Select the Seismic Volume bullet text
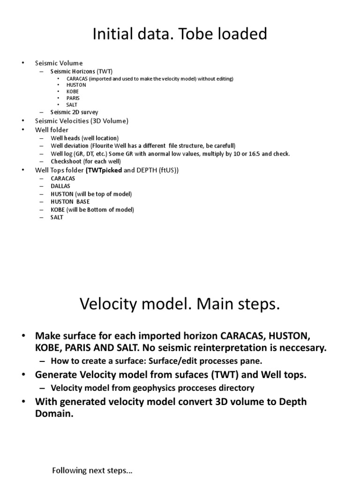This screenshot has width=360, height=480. [x=59, y=63]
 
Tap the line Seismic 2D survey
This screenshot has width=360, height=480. [x=75, y=112]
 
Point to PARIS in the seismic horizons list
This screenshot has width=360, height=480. [x=73, y=98]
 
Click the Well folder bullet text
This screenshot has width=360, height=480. [x=52, y=129]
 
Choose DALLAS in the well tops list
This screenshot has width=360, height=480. [x=60, y=186]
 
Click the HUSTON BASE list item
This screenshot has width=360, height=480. [x=70, y=202]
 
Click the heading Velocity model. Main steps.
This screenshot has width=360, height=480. [x=180, y=305]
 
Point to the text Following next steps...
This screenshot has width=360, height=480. [x=92, y=471]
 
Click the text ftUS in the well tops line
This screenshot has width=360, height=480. [x=165, y=170]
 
